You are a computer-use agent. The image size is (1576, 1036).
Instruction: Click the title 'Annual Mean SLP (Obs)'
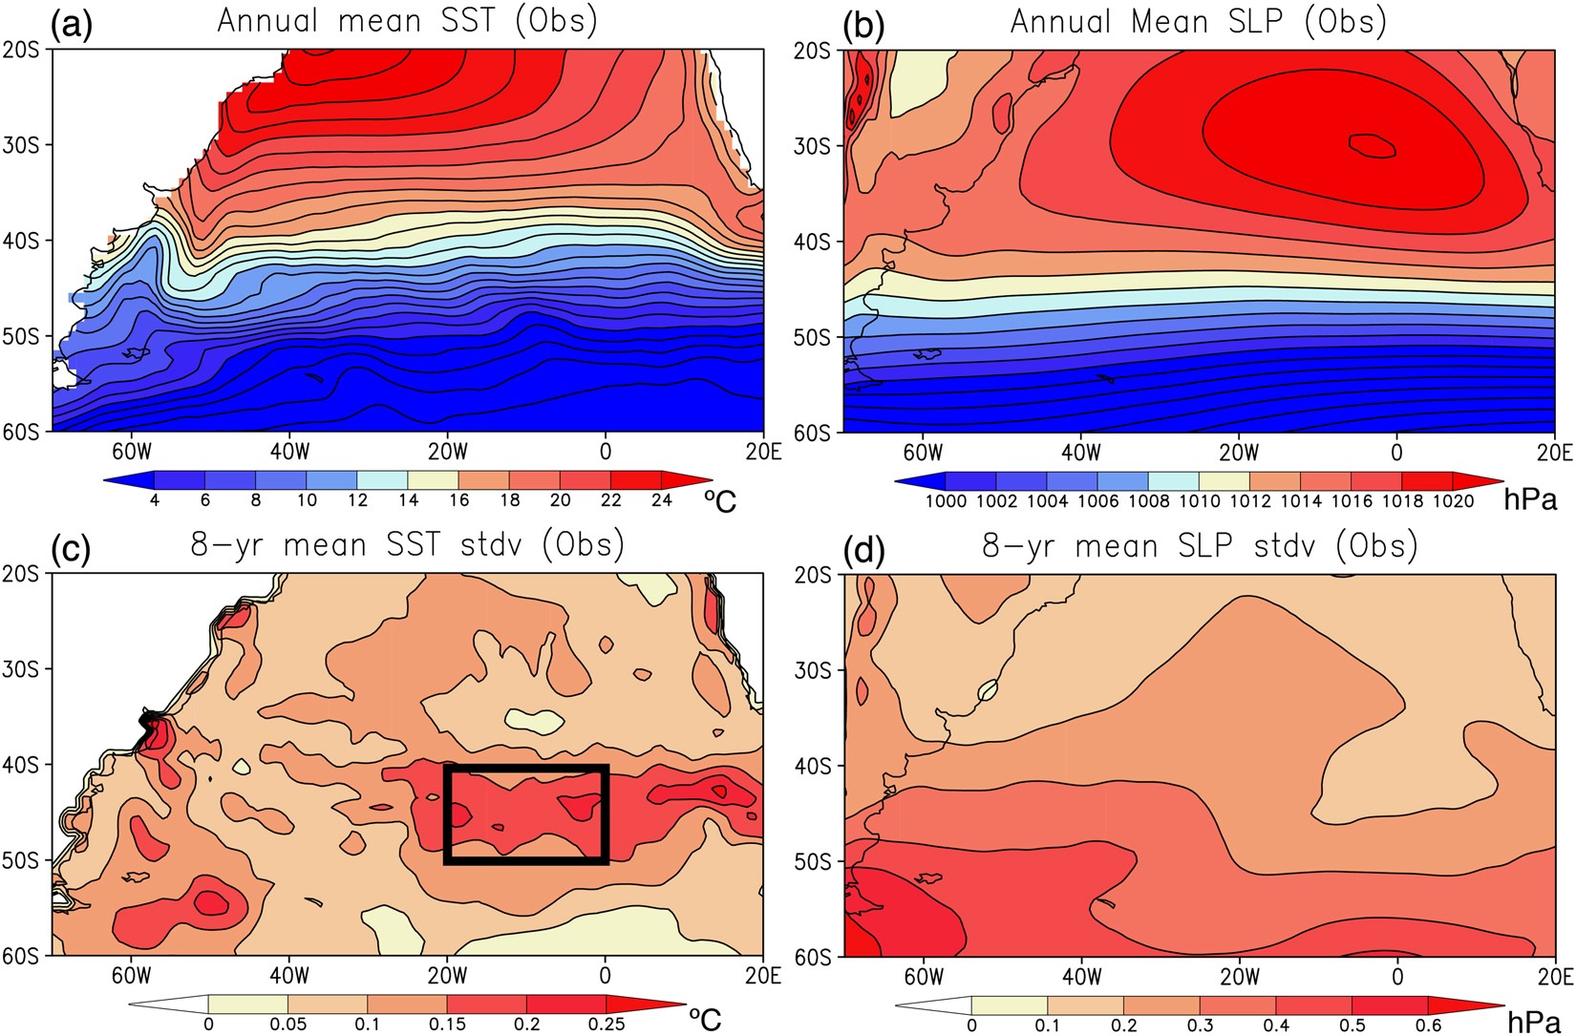(x=1199, y=21)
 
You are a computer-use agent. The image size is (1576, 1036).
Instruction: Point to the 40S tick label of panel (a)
(x=21, y=241)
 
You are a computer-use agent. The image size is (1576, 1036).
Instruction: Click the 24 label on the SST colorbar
(x=661, y=500)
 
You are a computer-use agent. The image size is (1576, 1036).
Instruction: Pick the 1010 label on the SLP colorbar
(x=1199, y=501)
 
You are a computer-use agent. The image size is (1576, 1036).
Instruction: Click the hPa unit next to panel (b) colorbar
(x=1530, y=498)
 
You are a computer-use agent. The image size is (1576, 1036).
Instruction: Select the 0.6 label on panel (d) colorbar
(x=1427, y=1025)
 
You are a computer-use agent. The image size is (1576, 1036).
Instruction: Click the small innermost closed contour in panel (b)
(x=1373, y=145)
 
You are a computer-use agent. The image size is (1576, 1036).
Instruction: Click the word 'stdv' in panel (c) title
(x=488, y=545)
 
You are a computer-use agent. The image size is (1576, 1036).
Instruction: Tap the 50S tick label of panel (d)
(x=812, y=861)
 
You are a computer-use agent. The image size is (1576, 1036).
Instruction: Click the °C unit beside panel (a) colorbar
(x=719, y=499)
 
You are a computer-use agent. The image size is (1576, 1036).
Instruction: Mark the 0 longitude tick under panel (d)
(x=1397, y=976)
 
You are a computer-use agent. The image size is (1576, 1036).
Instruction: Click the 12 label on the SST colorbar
(x=356, y=500)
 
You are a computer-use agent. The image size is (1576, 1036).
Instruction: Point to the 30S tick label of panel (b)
(x=812, y=146)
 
